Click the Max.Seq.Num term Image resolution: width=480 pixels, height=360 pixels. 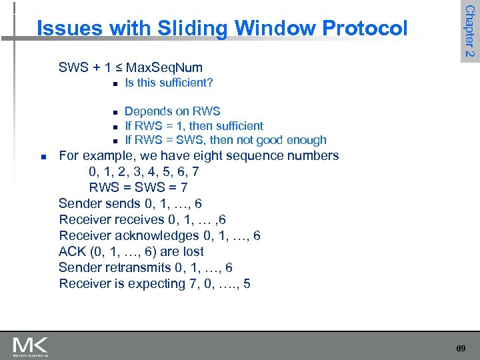click(x=164, y=67)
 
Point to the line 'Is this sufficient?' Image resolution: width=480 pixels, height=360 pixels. click(x=169, y=83)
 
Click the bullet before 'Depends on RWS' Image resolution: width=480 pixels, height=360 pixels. click(x=115, y=112)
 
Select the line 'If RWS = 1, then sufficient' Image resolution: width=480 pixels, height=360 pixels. click(x=194, y=125)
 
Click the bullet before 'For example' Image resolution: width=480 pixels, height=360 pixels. click(x=43, y=157)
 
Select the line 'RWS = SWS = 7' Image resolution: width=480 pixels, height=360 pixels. click(x=138, y=187)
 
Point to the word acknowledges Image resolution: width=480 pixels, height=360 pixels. click(x=157, y=235)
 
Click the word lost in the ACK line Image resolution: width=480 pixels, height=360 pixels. click(x=191, y=251)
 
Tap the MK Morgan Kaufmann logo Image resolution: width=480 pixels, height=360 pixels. click(x=30, y=346)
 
